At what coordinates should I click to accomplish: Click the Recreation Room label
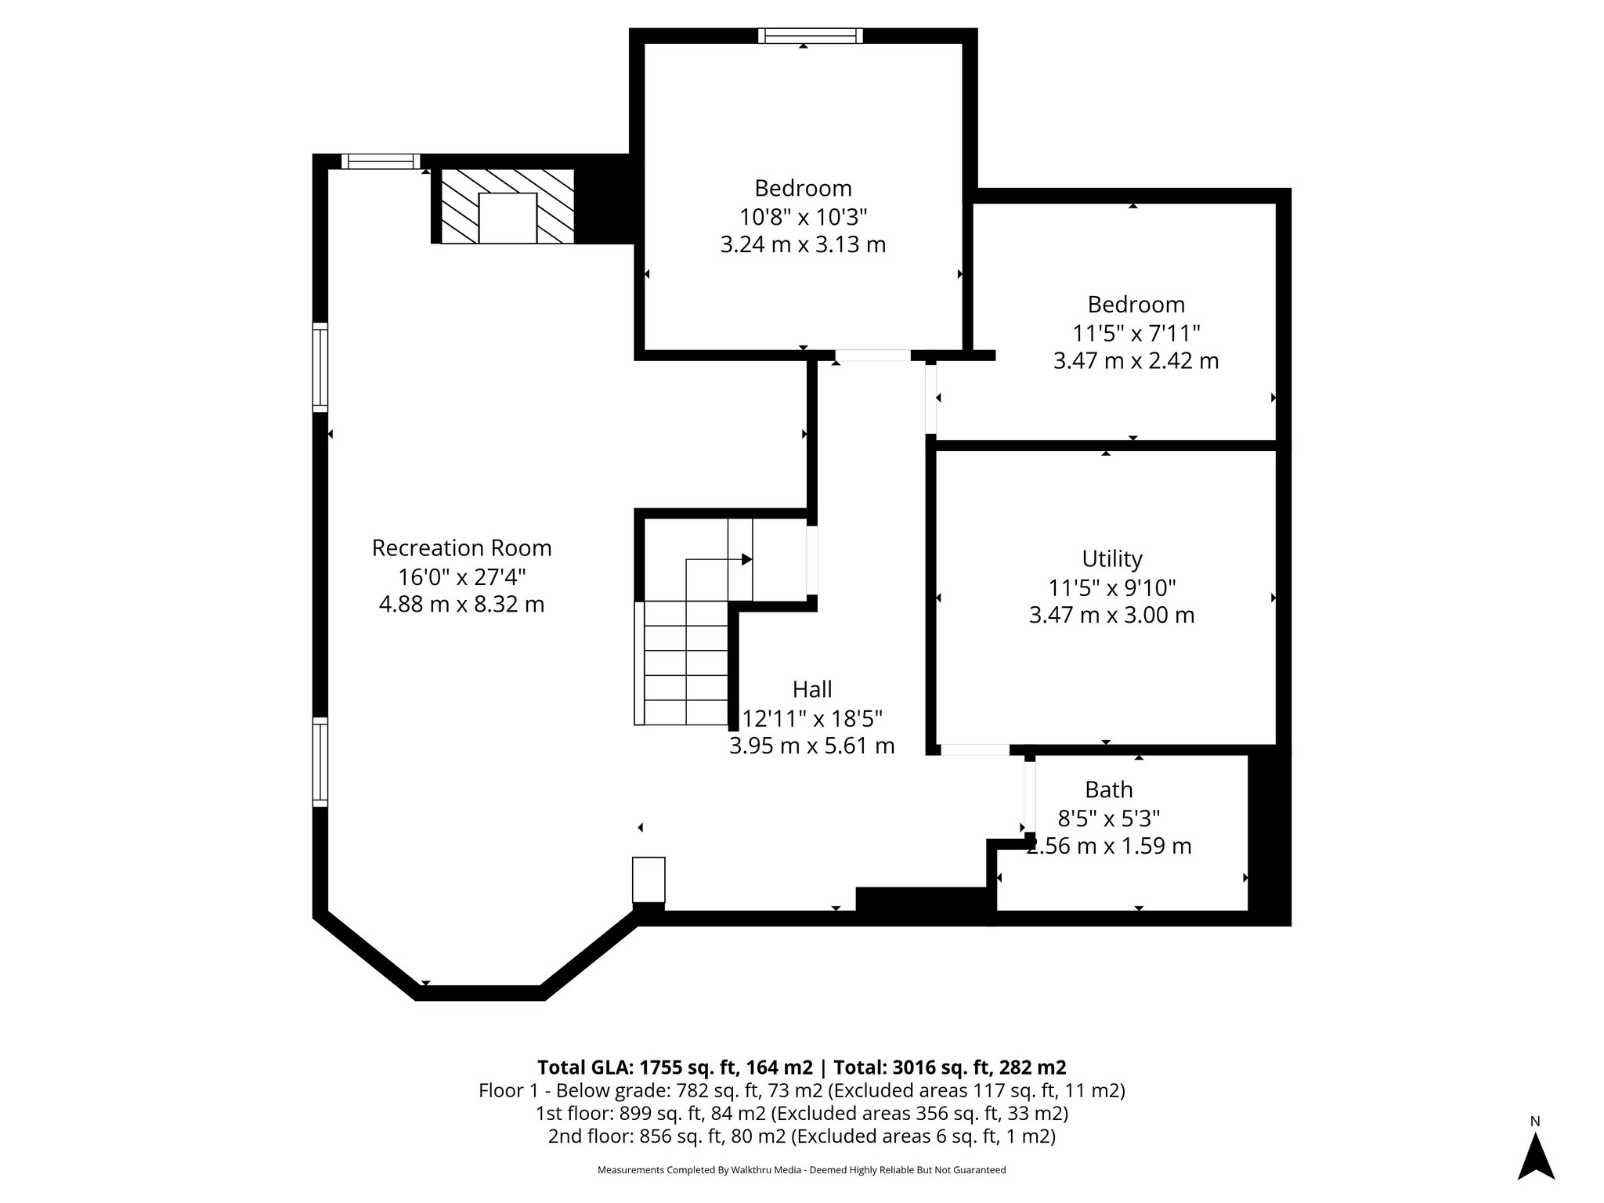pos(461,548)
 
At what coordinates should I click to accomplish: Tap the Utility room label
pos(1111,558)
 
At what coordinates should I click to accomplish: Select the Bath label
pos(1108,789)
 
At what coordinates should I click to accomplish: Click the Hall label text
pos(812,689)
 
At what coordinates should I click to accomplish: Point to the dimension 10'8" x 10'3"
pos(803,216)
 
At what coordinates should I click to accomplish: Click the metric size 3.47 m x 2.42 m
pos(1136,361)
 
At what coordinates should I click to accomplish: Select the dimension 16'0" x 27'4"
pos(461,577)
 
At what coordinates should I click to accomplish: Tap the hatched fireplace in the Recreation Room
pos(508,206)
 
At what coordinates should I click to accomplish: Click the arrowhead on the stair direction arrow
pos(746,559)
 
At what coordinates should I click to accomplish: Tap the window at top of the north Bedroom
pos(811,35)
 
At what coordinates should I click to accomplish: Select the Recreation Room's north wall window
pos(381,161)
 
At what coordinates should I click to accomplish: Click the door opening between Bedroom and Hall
pos(872,356)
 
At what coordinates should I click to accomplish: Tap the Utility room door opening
pos(974,750)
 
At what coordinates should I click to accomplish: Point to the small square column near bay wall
pos(648,880)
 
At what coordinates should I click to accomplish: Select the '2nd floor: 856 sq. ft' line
pos(801,1136)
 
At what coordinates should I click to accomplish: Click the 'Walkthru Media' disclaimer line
pos(801,1170)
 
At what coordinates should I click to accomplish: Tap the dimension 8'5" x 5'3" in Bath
pos(1108,818)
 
